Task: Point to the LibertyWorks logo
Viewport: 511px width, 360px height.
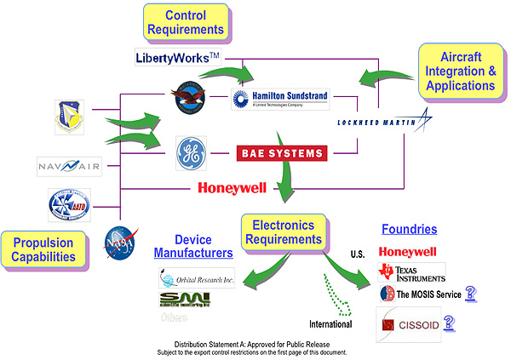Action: pyautogui.click(x=177, y=57)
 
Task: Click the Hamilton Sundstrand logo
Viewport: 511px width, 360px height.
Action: pyautogui.click(x=279, y=98)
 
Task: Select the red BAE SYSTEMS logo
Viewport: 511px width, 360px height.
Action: pyautogui.click(x=281, y=153)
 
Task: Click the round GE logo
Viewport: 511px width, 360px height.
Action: pyautogui.click(x=190, y=153)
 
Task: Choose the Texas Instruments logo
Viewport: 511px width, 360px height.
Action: pyautogui.click(x=412, y=273)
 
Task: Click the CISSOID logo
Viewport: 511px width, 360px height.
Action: pyautogui.click(x=410, y=323)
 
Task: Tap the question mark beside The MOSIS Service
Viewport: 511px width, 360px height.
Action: pyautogui.click(x=470, y=294)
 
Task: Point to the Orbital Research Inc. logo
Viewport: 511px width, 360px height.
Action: pyautogui.click(x=195, y=277)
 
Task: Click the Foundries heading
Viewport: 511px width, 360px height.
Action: pyautogui.click(x=409, y=230)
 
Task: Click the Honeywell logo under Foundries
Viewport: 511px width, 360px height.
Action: pyautogui.click(x=407, y=252)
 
